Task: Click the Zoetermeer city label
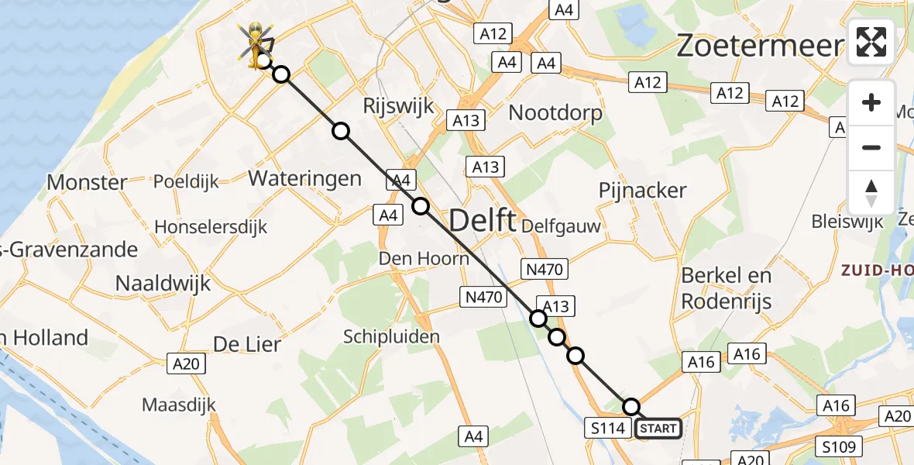759,46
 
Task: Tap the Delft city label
482,221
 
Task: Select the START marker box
658,429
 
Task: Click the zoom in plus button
871,102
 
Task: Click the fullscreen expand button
871,42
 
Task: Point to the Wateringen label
304,178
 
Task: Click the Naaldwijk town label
163,283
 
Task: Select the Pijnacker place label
642,190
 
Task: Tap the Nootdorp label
555,113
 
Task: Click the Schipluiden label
391,336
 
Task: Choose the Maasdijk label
179,405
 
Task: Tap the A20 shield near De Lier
186,363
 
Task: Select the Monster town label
87,182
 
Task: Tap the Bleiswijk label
847,222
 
